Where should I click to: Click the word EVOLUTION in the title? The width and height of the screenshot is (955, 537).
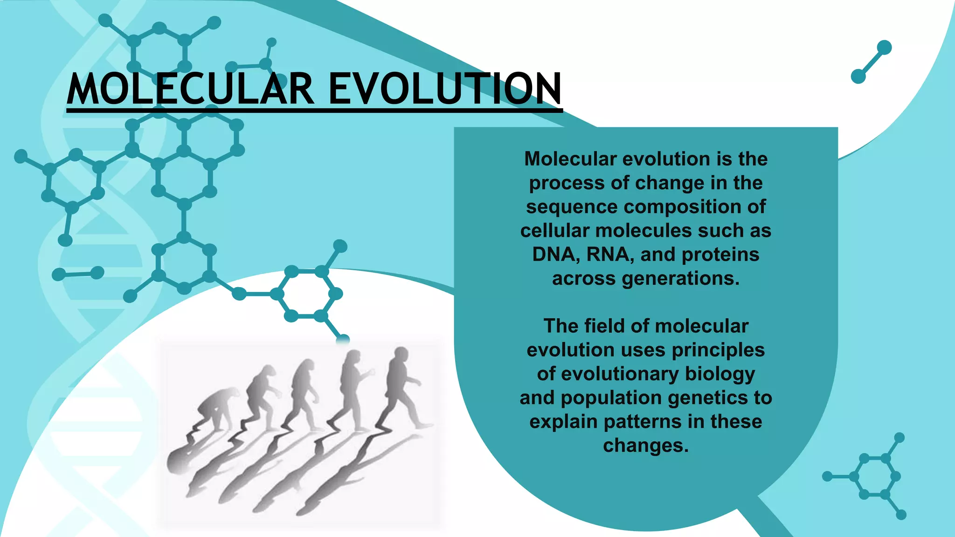(x=445, y=89)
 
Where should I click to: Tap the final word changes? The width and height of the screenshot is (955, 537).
(x=645, y=445)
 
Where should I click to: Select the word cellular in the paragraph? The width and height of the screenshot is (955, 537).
(x=554, y=231)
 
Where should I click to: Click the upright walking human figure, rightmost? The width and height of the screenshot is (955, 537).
(x=401, y=387)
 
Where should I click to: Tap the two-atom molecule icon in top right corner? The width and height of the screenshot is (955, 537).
(x=871, y=62)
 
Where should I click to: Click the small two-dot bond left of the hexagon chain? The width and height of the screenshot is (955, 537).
(x=78, y=274)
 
